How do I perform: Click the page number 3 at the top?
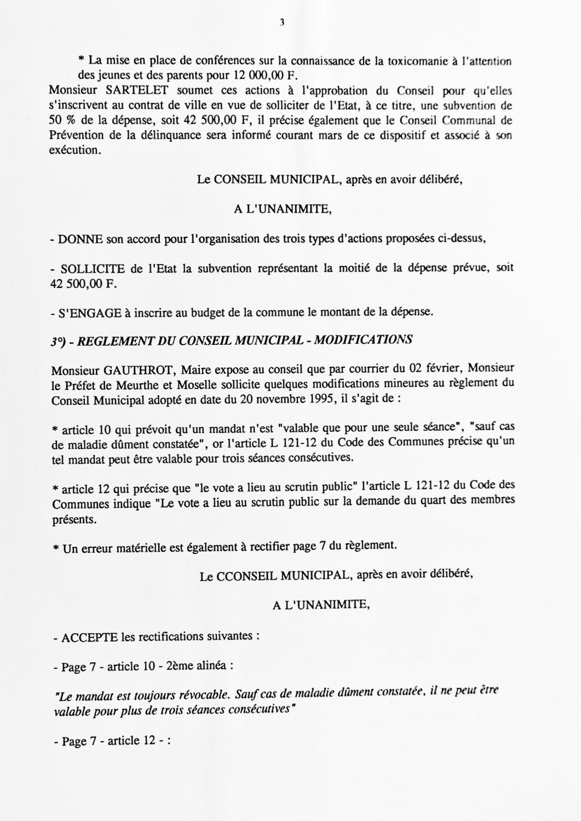[x=281, y=22]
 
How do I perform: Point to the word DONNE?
[x=76, y=239]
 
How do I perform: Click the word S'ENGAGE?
[x=89, y=313]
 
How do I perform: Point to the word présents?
[x=74, y=519]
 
